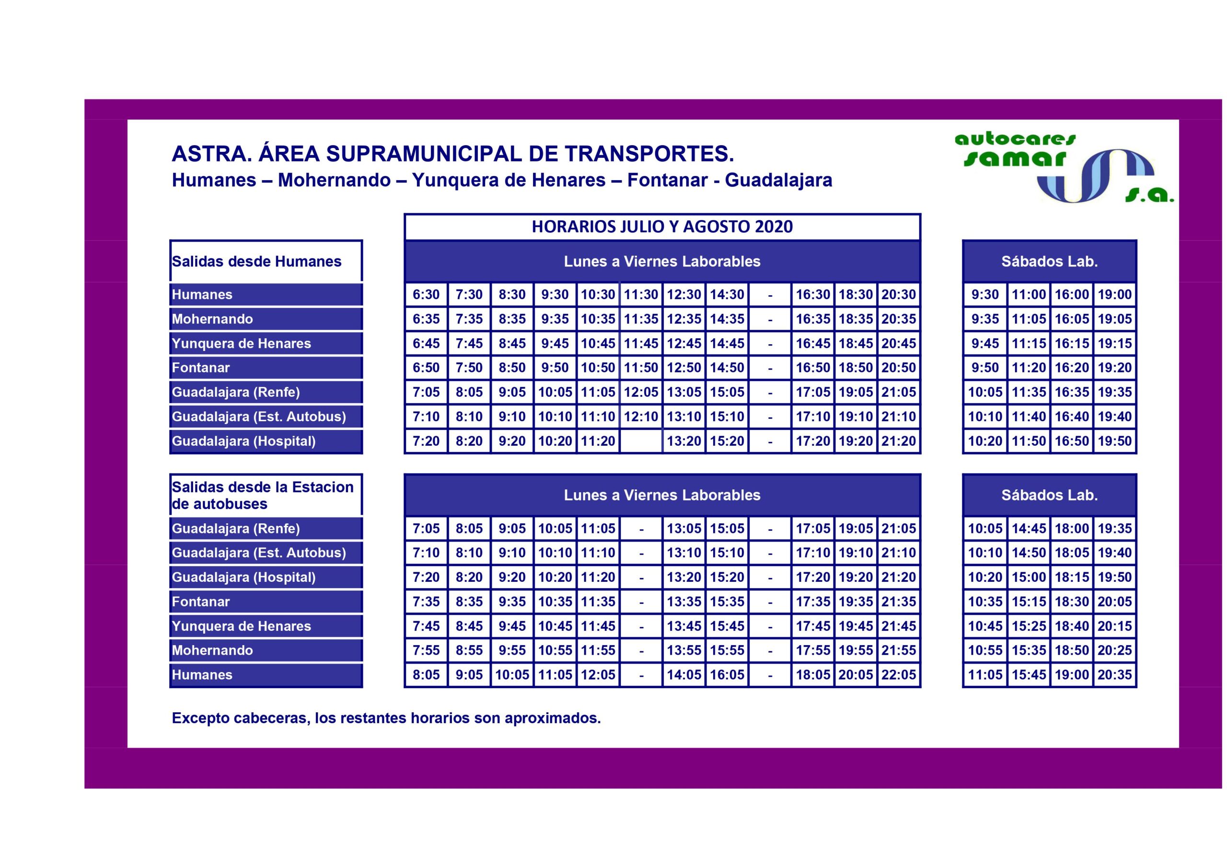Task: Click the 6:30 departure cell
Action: pyautogui.click(x=426, y=294)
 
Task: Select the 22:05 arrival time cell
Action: pyautogui.click(x=898, y=674)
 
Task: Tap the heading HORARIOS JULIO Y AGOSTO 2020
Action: pyautogui.click(x=662, y=227)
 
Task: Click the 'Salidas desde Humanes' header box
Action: pyautogui.click(x=266, y=261)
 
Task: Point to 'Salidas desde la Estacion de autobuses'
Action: pyautogui.click(x=266, y=495)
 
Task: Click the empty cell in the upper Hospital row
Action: pyautogui.click(x=641, y=441)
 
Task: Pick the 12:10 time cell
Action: pyautogui.click(x=641, y=417)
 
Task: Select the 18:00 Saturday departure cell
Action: pyautogui.click(x=1072, y=529)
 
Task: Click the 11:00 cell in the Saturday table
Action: pyautogui.click(x=1028, y=294)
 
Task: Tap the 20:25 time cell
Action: pyautogui.click(x=1115, y=650)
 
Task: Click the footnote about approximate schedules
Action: pyautogui.click(x=386, y=718)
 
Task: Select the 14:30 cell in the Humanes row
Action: pyautogui.click(x=727, y=294)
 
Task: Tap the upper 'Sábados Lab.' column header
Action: pyautogui.click(x=1049, y=261)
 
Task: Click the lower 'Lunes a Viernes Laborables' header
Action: pyautogui.click(x=662, y=495)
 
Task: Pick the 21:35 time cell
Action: pyautogui.click(x=898, y=602)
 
